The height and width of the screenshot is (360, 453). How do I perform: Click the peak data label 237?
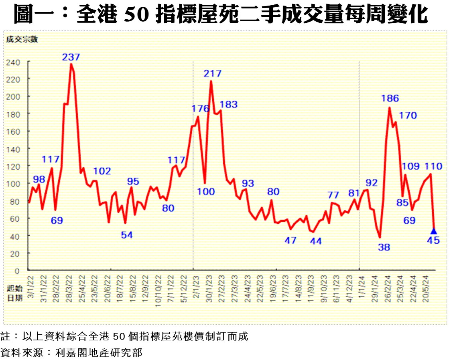tap(71, 57)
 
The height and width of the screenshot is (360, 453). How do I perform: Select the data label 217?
tap(213, 74)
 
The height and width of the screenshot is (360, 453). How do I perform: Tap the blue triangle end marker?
tap(433, 231)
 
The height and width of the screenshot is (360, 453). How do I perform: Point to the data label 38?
tap(384, 247)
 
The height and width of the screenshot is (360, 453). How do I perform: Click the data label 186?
tap(390, 98)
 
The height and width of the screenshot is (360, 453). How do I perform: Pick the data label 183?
tap(229, 105)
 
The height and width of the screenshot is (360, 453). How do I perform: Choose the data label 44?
tap(316, 241)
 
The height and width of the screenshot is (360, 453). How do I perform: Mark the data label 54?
tap(127, 235)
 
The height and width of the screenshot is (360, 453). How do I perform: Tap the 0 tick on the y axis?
tap(17, 271)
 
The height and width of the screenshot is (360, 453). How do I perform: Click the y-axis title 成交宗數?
tap(22, 39)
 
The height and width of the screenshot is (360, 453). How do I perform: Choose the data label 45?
tap(434, 240)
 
